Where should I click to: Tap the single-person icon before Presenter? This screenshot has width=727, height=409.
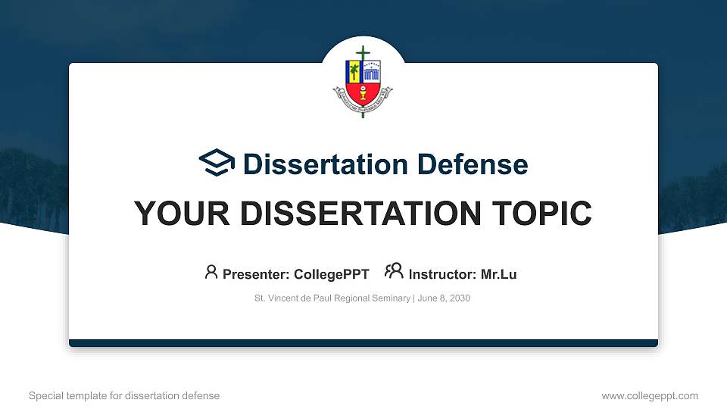point(211,271)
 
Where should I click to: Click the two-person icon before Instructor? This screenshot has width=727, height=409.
point(394,271)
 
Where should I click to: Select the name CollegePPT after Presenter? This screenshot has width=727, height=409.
point(331,274)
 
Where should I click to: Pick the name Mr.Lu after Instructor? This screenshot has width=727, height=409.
point(498,274)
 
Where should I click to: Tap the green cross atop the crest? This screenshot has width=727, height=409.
point(363,55)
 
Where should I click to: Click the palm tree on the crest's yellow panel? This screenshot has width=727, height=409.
point(354,72)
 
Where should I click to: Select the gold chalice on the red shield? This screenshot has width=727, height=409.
point(363,96)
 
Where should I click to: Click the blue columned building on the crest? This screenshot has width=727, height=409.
point(372,72)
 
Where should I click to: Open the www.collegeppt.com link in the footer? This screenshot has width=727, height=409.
point(649,395)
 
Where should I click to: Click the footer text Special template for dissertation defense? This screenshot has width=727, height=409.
point(124,395)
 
